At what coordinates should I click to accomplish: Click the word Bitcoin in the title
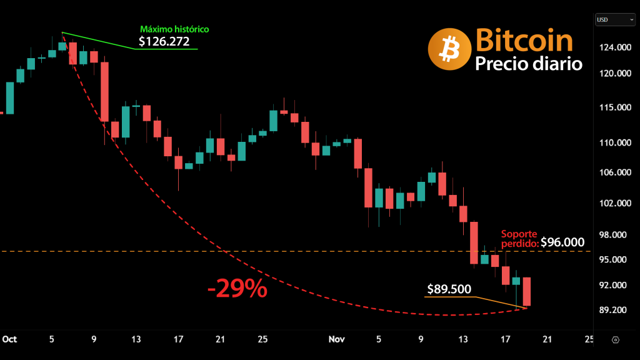[x=524, y=40]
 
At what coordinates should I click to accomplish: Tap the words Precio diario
[x=528, y=64]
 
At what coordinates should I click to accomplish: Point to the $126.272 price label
[x=164, y=42]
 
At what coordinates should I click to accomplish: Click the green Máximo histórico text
[x=174, y=29]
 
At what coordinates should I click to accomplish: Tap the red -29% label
[x=237, y=289]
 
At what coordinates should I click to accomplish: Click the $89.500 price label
[x=449, y=289]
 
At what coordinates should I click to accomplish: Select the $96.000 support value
[x=562, y=242]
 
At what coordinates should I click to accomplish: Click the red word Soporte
[x=519, y=233]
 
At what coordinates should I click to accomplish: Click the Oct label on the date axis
[x=9, y=339]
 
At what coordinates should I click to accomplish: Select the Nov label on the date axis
[x=337, y=339]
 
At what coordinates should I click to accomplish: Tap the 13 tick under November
[x=463, y=339]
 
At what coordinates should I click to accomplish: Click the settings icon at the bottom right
[x=616, y=340]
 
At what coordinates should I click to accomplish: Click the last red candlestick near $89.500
[x=527, y=291]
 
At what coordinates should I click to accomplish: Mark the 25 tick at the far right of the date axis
[x=589, y=339]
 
